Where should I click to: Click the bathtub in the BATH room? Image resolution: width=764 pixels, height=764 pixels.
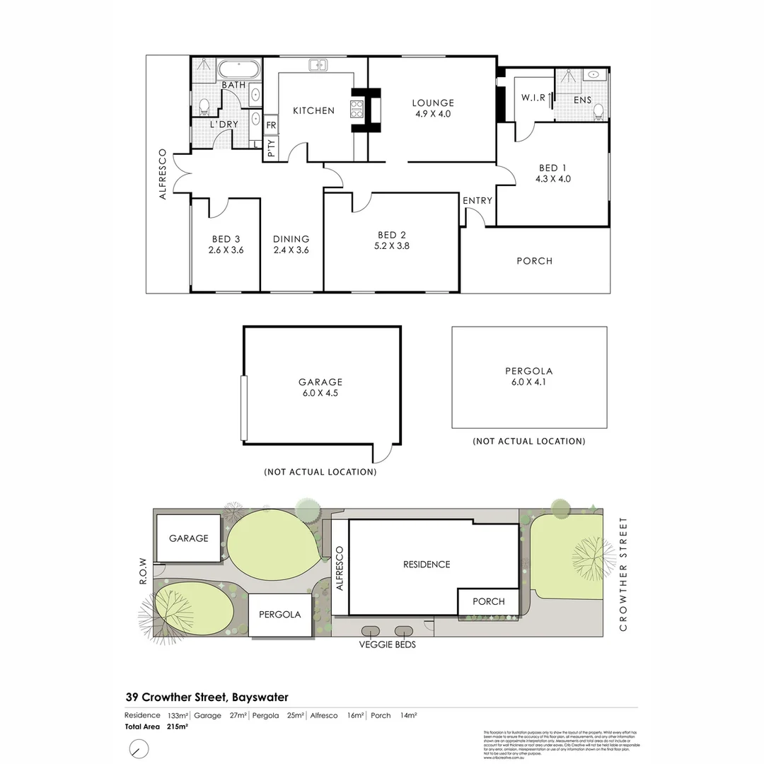pyautogui.click(x=239, y=69)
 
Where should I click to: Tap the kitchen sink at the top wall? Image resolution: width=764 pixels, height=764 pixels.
pyautogui.click(x=317, y=65)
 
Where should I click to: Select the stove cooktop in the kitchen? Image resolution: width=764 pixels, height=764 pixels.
pyautogui.click(x=357, y=110)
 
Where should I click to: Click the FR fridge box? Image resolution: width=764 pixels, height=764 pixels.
pyautogui.click(x=271, y=125)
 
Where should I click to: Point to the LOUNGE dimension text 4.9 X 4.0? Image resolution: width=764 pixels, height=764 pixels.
pyautogui.click(x=433, y=114)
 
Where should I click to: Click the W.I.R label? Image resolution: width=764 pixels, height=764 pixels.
pyautogui.click(x=532, y=98)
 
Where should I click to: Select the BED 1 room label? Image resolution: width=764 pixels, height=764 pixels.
pyautogui.click(x=552, y=168)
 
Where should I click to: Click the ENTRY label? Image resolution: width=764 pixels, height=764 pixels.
pyautogui.click(x=477, y=201)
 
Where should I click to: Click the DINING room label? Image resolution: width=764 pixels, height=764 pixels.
pyautogui.click(x=291, y=239)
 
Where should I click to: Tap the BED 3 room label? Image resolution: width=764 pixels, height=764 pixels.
pyautogui.click(x=226, y=239)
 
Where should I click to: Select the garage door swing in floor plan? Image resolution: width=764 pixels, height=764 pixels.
pyautogui.click(x=387, y=453)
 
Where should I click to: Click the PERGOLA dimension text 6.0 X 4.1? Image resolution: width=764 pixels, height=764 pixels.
pyautogui.click(x=528, y=382)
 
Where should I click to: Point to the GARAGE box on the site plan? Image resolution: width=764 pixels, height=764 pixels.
pyautogui.click(x=188, y=538)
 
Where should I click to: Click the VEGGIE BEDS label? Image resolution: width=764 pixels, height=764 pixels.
pyautogui.click(x=387, y=644)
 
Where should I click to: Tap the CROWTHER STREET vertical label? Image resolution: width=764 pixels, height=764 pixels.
pyautogui.click(x=623, y=574)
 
